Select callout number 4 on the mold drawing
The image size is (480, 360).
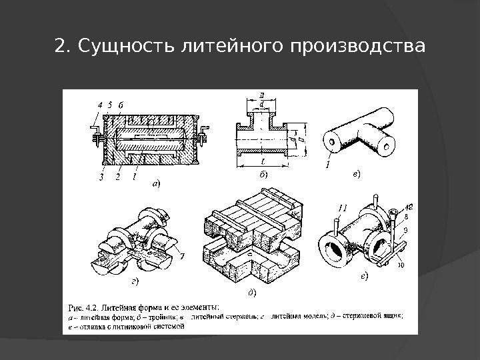pyautogui.click(x=100, y=105)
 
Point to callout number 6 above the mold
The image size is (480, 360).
pyautogui.click(x=119, y=105)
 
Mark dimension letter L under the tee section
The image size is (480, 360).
pyautogui.click(x=263, y=161)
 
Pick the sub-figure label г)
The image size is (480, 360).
pyautogui.click(x=135, y=282)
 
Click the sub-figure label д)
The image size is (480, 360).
pyautogui.click(x=253, y=291)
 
